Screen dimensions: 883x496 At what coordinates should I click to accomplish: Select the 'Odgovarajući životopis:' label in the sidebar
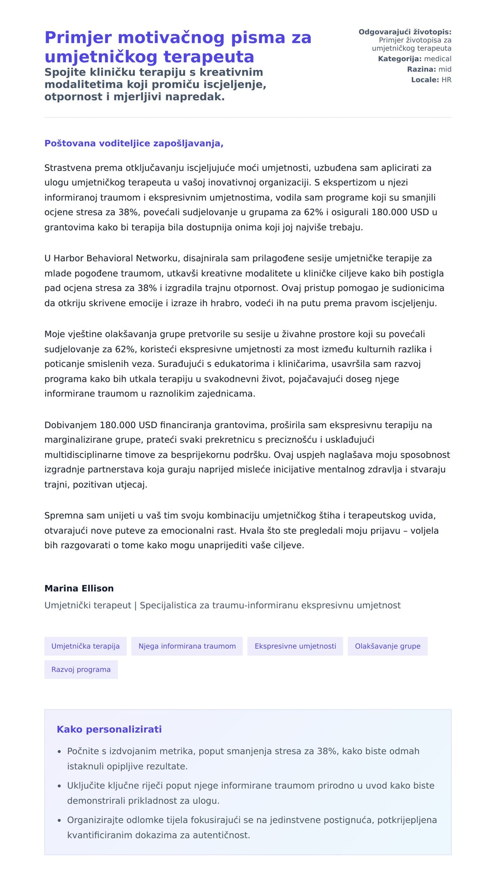[405, 32]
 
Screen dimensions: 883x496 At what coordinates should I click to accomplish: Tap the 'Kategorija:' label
[399, 59]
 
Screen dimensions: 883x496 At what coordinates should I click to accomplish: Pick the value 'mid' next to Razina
[445, 69]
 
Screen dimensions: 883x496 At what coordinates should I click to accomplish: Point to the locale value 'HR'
[446, 80]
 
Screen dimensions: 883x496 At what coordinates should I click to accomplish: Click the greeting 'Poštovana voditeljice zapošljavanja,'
[134, 143]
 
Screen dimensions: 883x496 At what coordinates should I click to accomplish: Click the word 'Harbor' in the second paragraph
[68, 258]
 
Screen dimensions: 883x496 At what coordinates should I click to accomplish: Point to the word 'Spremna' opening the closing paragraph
[61, 515]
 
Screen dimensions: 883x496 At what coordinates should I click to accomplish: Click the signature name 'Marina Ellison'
[79, 588]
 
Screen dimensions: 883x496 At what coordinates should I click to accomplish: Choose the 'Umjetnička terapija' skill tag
[86, 646]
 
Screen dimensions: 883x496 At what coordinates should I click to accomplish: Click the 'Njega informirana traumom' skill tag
[187, 646]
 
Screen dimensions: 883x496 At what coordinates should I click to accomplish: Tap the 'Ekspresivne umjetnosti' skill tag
[295, 646]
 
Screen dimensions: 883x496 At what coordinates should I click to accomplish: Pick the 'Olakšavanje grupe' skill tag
[387, 646]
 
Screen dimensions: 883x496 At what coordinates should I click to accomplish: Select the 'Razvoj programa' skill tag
[81, 669]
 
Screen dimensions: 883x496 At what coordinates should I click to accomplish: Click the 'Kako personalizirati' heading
[109, 729]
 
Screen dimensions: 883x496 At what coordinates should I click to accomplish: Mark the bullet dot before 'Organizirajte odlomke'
[60, 821]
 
